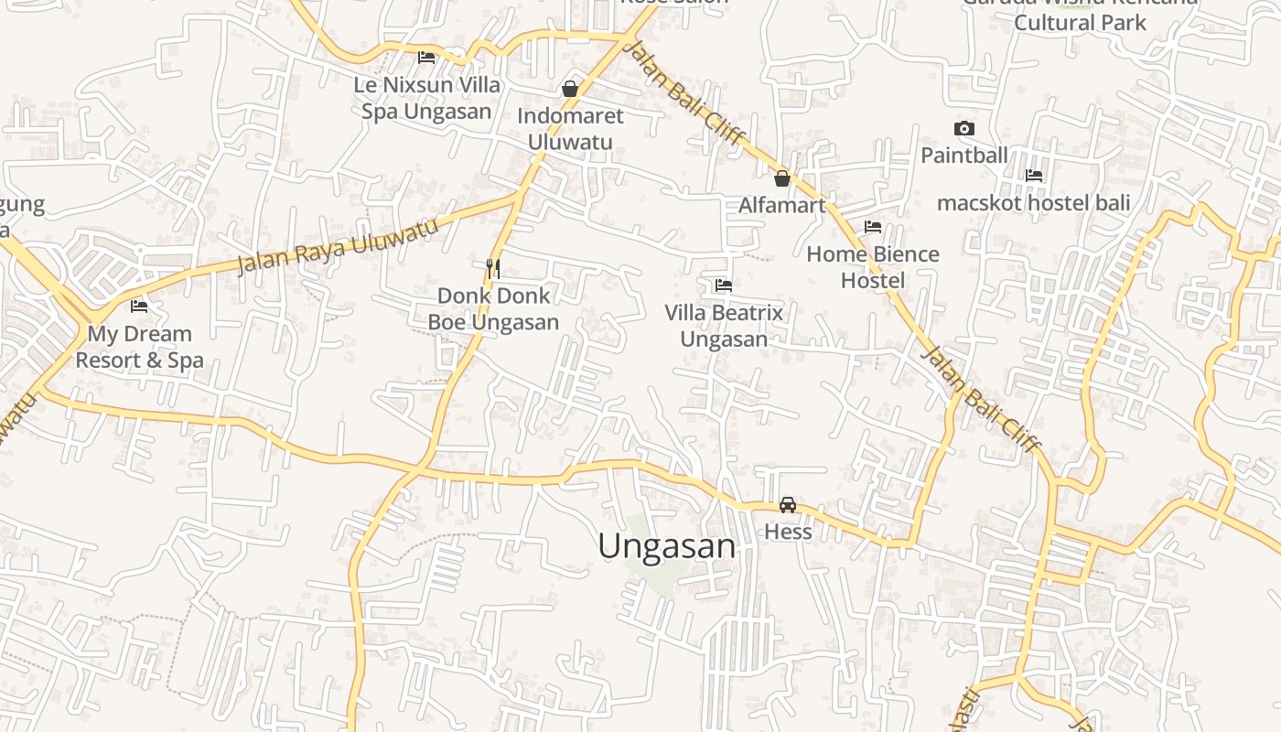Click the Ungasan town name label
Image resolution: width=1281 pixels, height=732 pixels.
coord(666,546)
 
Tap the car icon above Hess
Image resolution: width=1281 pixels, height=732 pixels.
coord(788,504)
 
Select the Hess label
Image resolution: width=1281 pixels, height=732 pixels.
coord(788,532)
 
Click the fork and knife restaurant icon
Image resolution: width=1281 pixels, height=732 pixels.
coord(493,268)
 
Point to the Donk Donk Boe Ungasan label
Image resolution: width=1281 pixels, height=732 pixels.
coord(494,309)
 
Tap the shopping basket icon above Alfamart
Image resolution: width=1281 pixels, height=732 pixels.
coord(782,178)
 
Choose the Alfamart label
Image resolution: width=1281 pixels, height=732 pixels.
coord(782,205)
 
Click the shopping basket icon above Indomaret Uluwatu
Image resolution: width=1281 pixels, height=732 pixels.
coord(570,89)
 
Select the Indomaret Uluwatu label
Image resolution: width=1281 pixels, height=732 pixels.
coord(570,129)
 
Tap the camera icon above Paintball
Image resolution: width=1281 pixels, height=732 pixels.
coord(963,129)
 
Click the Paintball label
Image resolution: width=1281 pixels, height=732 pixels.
coord(963,156)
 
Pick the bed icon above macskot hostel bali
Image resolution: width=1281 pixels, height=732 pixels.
coord(1034,176)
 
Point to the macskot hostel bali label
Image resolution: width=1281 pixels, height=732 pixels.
coord(1034,202)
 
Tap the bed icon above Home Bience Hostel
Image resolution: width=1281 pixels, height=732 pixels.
coord(873,227)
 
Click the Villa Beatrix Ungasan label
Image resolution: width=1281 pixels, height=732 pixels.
coord(724,326)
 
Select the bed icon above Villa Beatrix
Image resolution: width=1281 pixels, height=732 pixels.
coord(724,285)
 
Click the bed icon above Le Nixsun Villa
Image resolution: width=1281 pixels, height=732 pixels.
coord(426,57)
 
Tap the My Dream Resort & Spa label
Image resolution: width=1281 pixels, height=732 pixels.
coord(139,347)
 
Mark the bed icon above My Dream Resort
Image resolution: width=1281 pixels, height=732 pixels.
coord(139,307)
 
